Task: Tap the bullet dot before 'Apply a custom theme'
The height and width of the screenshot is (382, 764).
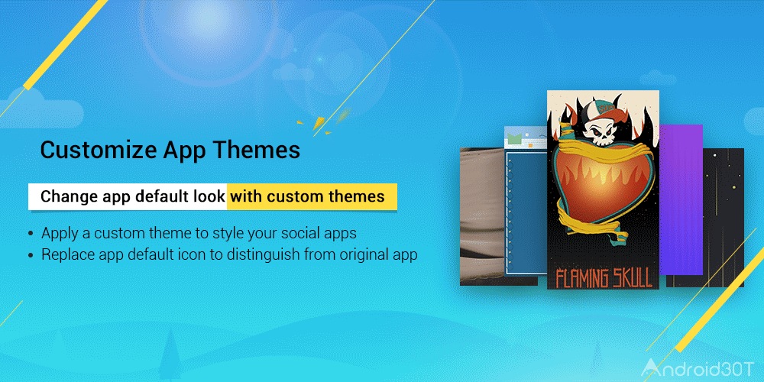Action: coord(31,234)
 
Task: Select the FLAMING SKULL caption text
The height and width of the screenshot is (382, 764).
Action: coord(604,277)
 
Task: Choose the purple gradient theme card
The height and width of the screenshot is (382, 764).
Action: coord(681,199)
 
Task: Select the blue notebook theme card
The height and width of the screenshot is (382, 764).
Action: coord(526,205)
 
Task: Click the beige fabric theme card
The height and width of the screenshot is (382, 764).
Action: coord(482,216)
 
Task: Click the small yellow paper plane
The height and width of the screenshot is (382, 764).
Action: coord(318,124)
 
